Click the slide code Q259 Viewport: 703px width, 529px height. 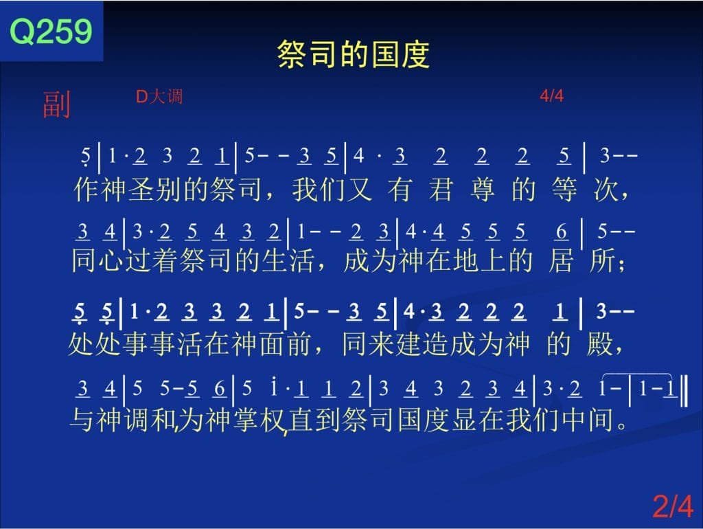(51, 31)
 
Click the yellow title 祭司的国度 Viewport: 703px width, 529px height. (354, 54)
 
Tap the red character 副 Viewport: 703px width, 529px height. (56, 104)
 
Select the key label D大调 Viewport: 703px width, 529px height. (159, 96)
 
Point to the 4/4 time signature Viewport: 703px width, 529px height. (551, 95)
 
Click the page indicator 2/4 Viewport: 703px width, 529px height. (673, 506)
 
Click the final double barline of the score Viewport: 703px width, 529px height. (684, 391)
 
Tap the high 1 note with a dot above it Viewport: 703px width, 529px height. (274, 386)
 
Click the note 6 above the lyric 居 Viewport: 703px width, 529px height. (562, 232)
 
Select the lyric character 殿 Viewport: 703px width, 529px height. (599, 345)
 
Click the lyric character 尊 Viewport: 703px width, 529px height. (483, 190)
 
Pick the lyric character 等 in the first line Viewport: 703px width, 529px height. (564, 190)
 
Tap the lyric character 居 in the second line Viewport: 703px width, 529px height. (560, 260)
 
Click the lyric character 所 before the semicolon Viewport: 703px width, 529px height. (602, 260)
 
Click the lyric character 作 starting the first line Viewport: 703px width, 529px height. (86, 190)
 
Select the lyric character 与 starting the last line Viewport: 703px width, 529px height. (82, 420)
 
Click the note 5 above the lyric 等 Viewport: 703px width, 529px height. (564, 156)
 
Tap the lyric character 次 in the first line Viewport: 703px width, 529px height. (606, 190)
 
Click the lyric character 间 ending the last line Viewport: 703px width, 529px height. (600, 420)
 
